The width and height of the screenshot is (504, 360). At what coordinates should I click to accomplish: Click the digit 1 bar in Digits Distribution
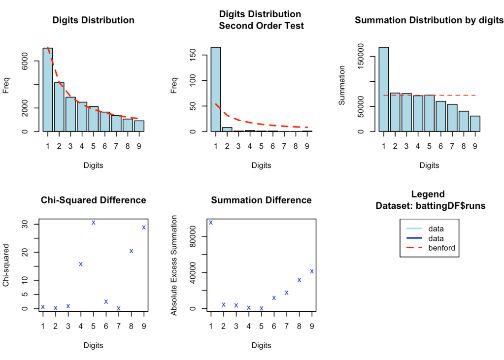tap(48, 90)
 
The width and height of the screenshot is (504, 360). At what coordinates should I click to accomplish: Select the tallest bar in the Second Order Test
tap(216, 89)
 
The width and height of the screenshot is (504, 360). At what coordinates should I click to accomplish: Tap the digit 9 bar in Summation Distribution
tap(475, 124)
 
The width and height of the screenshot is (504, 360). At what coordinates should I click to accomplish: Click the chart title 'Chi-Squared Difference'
tap(93, 200)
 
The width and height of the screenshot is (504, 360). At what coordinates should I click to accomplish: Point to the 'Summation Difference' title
tap(261, 200)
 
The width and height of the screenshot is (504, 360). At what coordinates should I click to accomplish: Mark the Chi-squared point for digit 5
tap(93, 223)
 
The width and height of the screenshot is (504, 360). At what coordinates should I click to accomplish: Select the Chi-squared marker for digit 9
tap(144, 227)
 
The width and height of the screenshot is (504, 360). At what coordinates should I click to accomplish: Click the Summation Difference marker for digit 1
tap(211, 222)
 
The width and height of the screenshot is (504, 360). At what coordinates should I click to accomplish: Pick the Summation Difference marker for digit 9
tap(312, 271)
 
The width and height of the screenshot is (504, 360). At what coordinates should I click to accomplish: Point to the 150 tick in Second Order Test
tap(193, 55)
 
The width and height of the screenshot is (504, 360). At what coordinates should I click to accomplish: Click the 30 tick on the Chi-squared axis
tap(30, 224)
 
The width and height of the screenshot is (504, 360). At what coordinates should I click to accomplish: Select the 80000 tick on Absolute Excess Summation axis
tap(193, 236)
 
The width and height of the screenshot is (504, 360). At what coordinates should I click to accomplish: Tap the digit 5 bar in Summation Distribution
tap(430, 113)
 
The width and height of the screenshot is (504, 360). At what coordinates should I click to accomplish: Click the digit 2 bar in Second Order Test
tap(227, 130)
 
